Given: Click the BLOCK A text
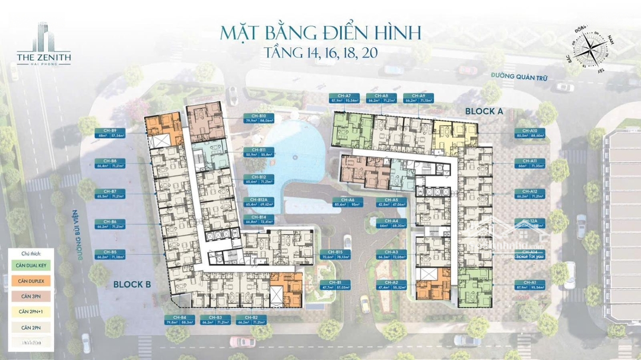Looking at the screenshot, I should click(x=484, y=111).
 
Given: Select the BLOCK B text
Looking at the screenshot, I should click(x=132, y=284).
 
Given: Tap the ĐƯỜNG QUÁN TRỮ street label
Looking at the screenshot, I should click(x=518, y=77).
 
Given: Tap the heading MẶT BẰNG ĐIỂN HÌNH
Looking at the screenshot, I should click(x=320, y=32).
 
